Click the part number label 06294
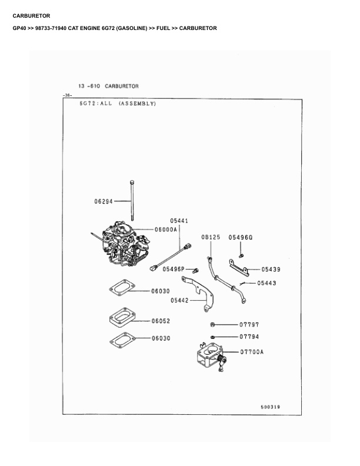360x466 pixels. [104, 201]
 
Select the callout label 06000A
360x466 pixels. [166, 229]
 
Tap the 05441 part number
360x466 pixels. [179, 221]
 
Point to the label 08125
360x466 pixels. [211, 237]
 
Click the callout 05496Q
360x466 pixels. [241, 238]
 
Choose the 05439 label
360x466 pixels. [271, 269]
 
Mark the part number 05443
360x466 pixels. [266, 283]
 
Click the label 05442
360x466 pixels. [179, 301]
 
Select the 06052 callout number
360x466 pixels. [161, 321]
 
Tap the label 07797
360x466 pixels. [249, 325]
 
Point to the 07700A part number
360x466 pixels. [252, 352]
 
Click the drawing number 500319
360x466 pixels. [271, 407]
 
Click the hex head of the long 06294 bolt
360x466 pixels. [132, 182]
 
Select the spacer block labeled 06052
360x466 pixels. [122, 317]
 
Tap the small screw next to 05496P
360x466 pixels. [195, 271]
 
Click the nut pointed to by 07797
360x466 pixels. [212, 325]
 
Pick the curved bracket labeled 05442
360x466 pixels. [198, 294]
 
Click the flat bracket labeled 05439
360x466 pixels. [238, 268]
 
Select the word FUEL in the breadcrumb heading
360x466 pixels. [164, 28]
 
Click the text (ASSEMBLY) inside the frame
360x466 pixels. [137, 104]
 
